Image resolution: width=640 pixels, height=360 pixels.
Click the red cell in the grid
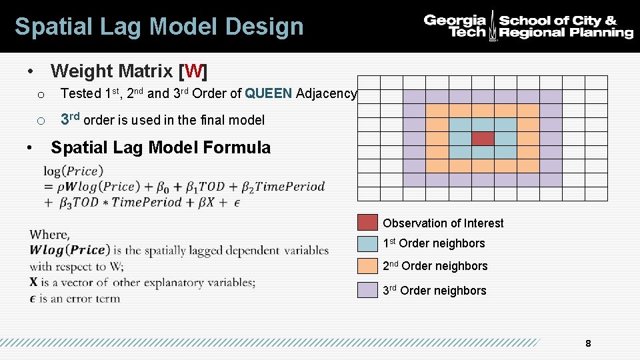pos(483,139)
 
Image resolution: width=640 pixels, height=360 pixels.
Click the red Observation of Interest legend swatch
pos(367,223)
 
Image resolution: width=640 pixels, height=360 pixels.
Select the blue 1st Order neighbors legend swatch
pos(367,243)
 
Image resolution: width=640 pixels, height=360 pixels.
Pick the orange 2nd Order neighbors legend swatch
pos(367,266)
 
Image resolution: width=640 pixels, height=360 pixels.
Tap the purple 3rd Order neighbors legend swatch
pos(367,290)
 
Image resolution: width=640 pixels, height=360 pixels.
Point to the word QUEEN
pos(269,93)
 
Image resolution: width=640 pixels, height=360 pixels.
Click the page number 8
pos(587,344)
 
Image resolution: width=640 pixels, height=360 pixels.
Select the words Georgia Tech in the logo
pos(455,26)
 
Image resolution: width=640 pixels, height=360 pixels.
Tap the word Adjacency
pos(327,93)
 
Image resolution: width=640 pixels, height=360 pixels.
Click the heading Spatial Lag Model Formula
pos(161,147)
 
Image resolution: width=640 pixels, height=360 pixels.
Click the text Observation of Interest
pos(443,223)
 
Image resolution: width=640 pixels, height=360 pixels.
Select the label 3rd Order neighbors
pos(434,291)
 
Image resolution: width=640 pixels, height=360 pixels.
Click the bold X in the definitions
pos(34,283)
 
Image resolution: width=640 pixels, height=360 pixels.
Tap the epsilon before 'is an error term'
pos(33,298)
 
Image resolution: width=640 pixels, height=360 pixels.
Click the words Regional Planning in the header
pos(566,33)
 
